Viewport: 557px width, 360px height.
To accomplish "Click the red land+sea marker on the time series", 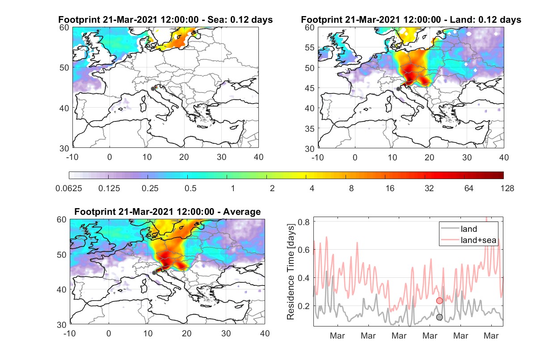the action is coord(439,301).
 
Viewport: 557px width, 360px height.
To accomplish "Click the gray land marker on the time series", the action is coord(439,317).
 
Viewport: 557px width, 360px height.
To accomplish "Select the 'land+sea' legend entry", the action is coord(468,240).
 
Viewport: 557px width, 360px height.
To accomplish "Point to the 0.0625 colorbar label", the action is coord(69,188).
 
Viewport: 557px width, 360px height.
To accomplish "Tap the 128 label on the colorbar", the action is coord(507,188).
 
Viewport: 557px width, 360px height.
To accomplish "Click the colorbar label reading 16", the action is coord(390,188).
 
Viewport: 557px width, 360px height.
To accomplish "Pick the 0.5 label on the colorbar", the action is coord(190,188).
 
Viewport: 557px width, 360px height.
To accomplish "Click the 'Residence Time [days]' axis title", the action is coord(291,272).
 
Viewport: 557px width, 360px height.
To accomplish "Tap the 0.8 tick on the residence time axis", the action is coord(304,222).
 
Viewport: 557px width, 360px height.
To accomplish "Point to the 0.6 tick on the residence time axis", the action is coord(304,250).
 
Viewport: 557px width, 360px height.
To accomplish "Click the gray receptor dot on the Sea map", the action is coord(153,89).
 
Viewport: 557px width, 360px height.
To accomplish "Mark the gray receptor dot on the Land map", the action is coord(398,89).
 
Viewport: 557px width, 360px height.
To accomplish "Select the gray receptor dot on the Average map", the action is coord(154,273).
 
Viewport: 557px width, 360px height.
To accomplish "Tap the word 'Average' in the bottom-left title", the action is coord(242,212).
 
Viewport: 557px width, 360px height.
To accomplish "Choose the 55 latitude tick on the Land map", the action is coord(310,47).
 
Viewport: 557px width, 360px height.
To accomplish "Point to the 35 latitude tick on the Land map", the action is coord(310,129).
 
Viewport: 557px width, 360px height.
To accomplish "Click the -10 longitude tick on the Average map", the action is coord(69,333).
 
